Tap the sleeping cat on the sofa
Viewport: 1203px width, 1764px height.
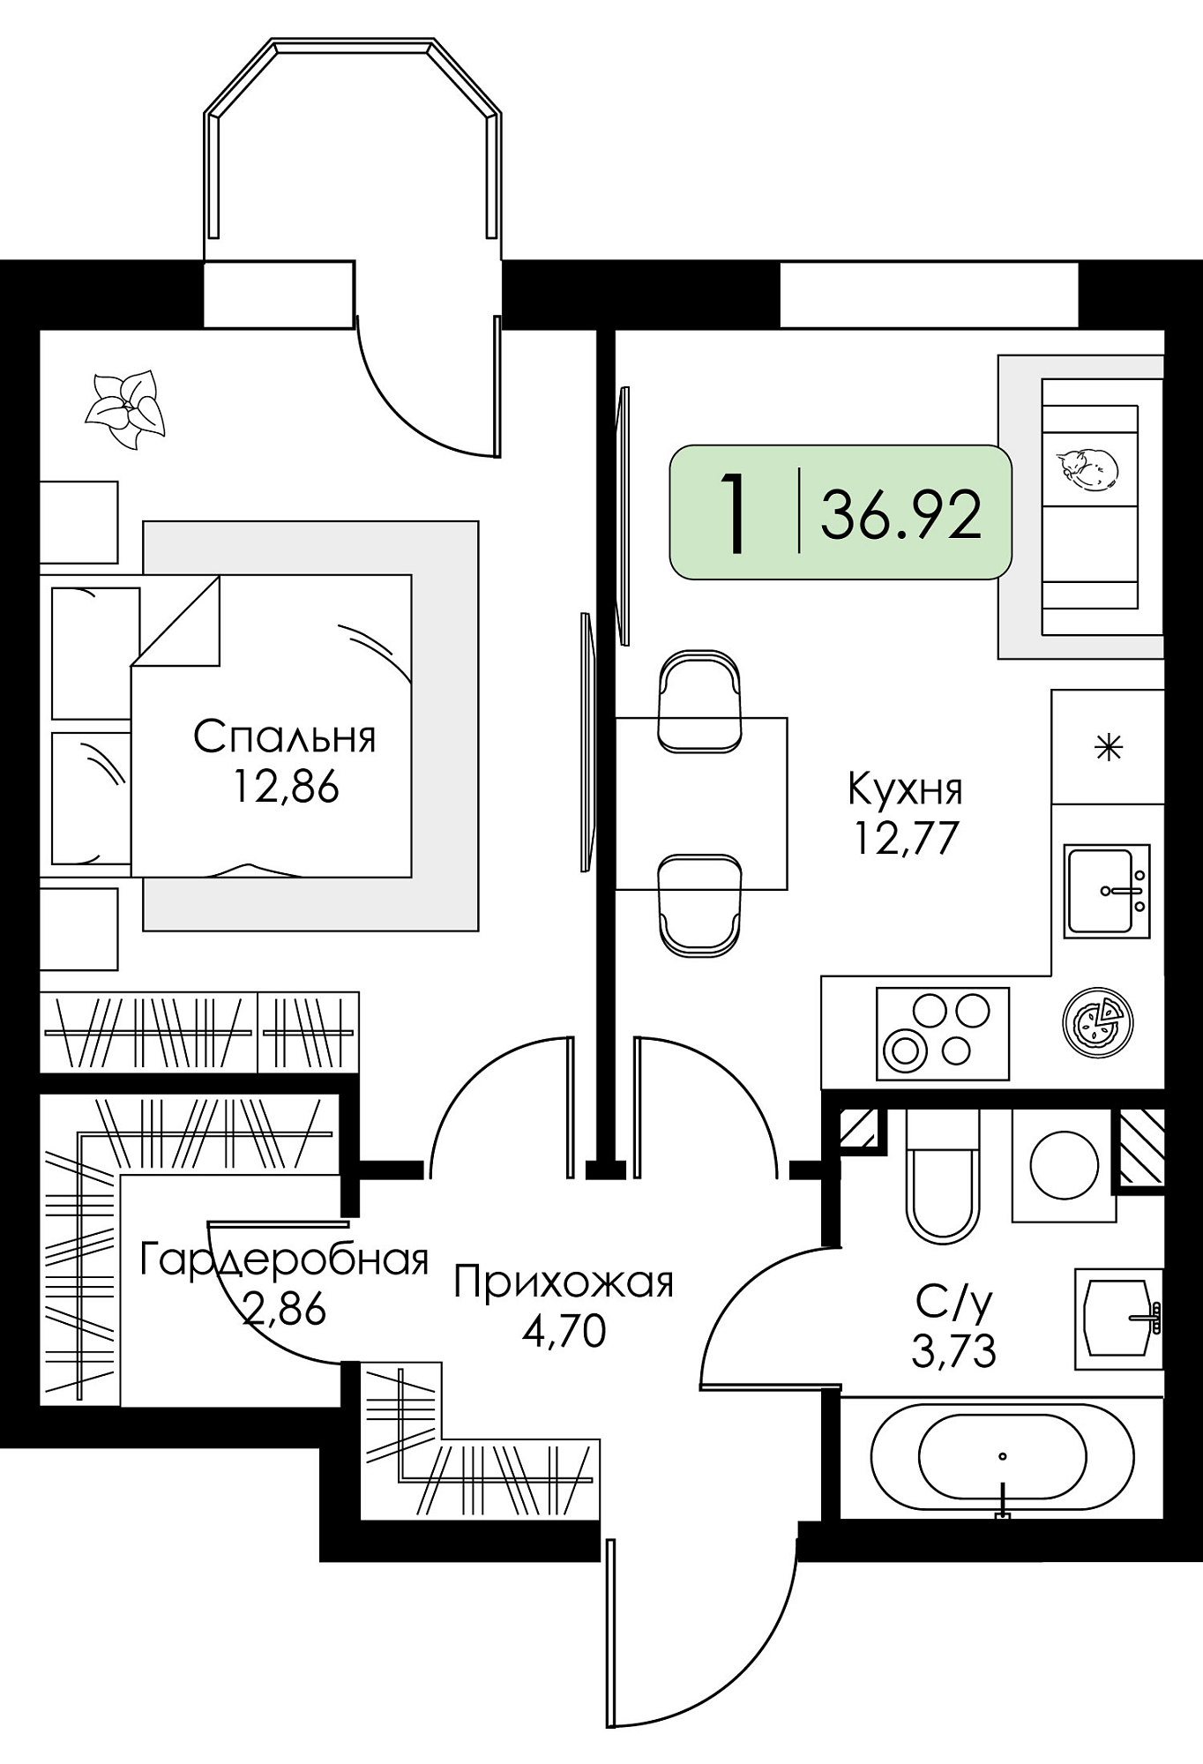[x=1087, y=468]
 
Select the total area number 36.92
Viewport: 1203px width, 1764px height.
[x=900, y=515]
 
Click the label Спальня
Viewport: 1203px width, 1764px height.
[x=284, y=736]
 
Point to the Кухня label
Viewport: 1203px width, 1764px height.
[x=905, y=789]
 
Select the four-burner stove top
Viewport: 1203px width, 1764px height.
[x=942, y=1034]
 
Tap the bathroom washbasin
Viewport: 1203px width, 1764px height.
[x=1118, y=1319]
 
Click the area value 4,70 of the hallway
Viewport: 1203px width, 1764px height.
[x=564, y=1331]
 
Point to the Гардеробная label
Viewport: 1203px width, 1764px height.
[x=284, y=1259]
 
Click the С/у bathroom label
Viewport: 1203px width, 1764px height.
[x=954, y=1301]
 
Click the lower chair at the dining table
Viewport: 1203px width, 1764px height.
[x=699, y=905]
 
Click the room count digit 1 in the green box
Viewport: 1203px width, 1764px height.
[x=733, y=513]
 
